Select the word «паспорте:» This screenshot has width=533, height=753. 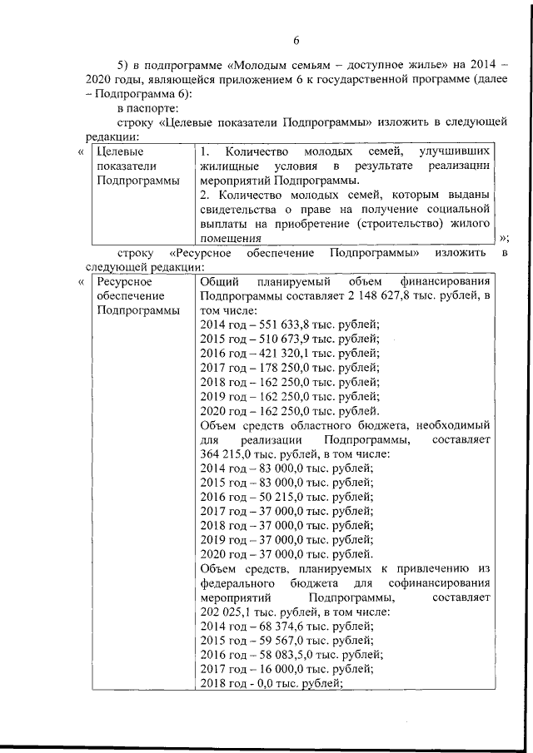143,108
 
